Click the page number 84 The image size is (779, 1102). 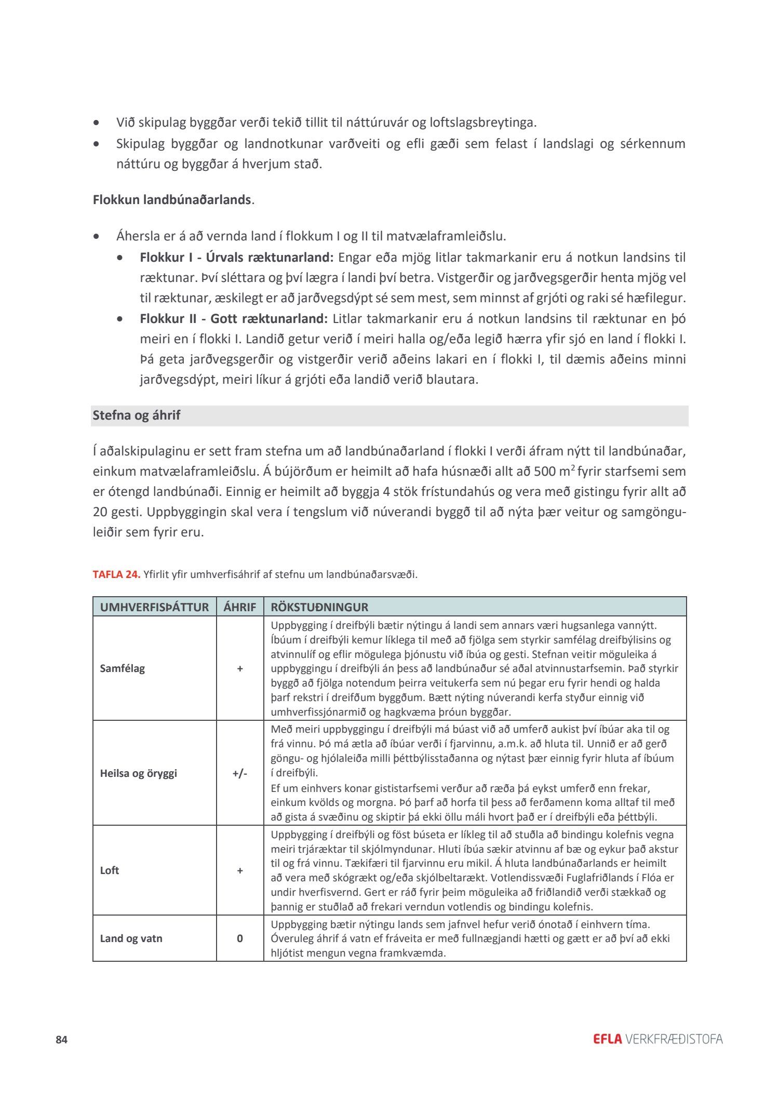[62, 1040]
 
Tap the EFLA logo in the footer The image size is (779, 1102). [607, 1039]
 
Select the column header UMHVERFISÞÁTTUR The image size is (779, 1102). [154, 607]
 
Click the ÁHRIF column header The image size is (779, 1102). [240, 607]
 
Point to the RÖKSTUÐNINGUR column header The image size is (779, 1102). [319, 607]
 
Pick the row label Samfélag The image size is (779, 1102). [122, 668]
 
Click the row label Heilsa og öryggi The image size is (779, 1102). [138, 773]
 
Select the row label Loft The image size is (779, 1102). [110, 870]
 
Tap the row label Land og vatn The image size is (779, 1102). [131, 938]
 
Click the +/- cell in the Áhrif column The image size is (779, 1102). [240, 773]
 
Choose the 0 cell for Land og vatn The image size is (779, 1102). [240, 938]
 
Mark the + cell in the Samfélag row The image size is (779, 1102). [240, 668]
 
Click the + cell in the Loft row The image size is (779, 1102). [240, 870]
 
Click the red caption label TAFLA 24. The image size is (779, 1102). [116, 574]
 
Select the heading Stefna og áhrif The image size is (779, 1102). [137, 415]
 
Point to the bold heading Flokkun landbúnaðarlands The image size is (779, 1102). [172, 199]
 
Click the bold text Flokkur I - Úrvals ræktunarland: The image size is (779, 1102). [236, 257]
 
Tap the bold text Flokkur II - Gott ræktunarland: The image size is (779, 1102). [234, 318]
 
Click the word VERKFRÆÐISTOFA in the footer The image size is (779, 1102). [674, 1039]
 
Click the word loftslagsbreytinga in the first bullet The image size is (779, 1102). [482, 123]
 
